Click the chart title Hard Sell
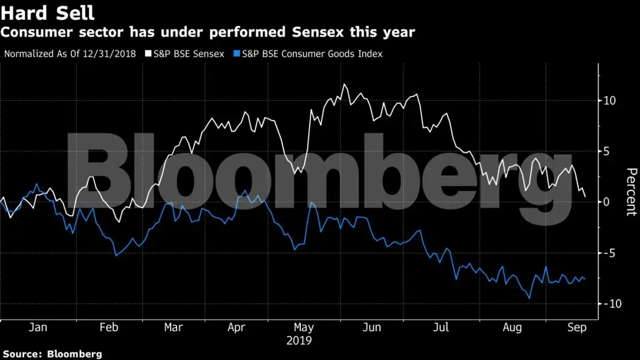coord(48,12)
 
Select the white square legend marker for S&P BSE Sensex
coord(149,54)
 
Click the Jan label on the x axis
coord(38,328)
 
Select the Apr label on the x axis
coord(237,328)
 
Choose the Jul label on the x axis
coord(441,328)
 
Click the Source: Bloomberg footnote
coord(52,354)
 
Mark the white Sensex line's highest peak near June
coord(344,84)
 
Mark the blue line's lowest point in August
coord(529,298)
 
